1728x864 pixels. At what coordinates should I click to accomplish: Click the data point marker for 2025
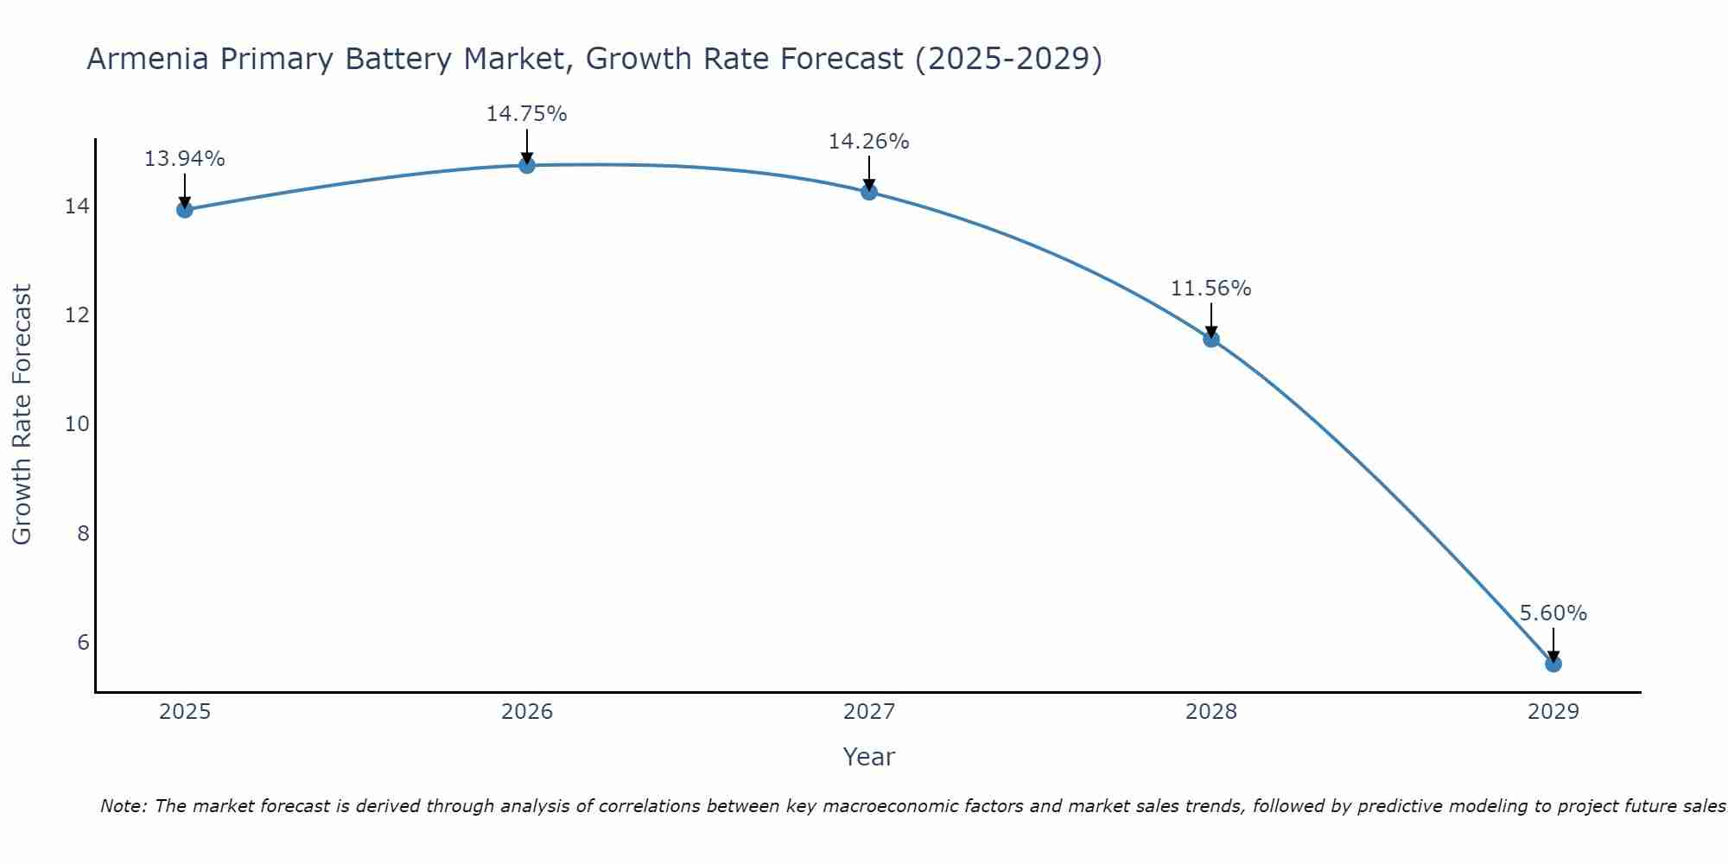(x=184, y=209)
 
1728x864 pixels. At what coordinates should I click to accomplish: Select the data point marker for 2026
(x=526, y=165)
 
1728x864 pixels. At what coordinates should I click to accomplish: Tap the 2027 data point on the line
(x=868, y=192)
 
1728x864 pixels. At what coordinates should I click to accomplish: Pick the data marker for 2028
(x=1210, y=339)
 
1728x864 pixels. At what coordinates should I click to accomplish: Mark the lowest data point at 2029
(x=1553, y=664)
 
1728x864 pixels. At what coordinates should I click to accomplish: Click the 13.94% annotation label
(x=184, y=159)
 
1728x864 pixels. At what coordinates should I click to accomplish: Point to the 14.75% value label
(x=526, y=114)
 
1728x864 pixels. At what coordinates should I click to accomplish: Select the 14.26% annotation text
(x=868, y=142)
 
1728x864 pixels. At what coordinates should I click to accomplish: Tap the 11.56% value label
(x=1210, y=289)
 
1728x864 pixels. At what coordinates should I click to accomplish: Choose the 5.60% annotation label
(x=1553, y=613)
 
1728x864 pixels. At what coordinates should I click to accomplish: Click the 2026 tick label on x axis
(x=527, y=712)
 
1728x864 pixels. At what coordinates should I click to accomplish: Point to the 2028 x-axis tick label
(x=1210, y=712)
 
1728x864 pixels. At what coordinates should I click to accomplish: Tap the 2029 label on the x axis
(x=1553, y=712)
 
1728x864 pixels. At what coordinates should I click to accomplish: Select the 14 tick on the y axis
(x=78, y=206)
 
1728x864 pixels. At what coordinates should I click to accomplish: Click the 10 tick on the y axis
(x=78, y=424)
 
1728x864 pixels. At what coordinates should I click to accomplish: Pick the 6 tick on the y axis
(x=83, y=642)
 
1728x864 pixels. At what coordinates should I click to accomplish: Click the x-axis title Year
(x=868, y=757)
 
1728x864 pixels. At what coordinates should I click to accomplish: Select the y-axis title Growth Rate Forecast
(x=22, y=415)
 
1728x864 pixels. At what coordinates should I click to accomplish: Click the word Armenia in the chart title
(x=147, y=59)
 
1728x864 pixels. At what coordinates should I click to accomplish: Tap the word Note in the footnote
(x=124, y=806)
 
